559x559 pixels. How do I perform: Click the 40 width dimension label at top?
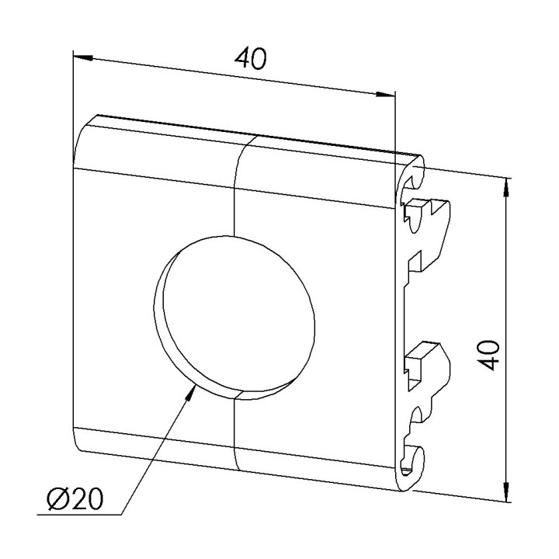pos(250,59)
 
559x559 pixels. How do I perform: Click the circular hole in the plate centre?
pos(234,318)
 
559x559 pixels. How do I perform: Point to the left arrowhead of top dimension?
pos(83,57)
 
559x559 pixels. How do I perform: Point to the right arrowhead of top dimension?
pos(385,95)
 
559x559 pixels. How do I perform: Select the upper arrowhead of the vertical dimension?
pos(506,187)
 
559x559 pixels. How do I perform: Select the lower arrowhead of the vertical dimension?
pos(506,492)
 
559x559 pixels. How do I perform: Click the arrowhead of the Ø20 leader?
pos(191,393)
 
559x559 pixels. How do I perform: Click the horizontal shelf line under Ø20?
pos(79,515)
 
